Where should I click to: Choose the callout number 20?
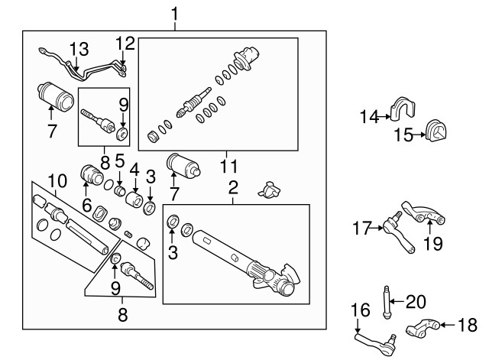415,301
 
